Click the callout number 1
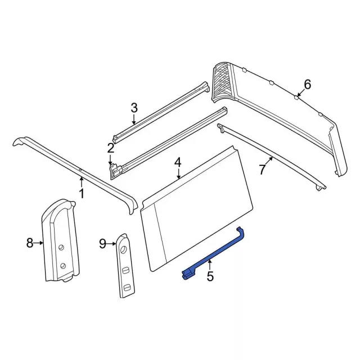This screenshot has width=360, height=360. point(82,194)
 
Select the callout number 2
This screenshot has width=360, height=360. point(111,148)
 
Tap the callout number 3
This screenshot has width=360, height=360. point(134,107)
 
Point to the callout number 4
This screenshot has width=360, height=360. point(178,163)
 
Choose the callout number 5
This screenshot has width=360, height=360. point(210,276)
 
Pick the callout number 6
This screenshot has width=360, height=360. point(307,84)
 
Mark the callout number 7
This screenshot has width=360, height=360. point(262,169)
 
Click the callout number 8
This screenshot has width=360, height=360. point(30,243)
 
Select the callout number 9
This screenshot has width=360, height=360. point(102,243)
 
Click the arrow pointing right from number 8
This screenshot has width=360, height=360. point(39,243)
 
